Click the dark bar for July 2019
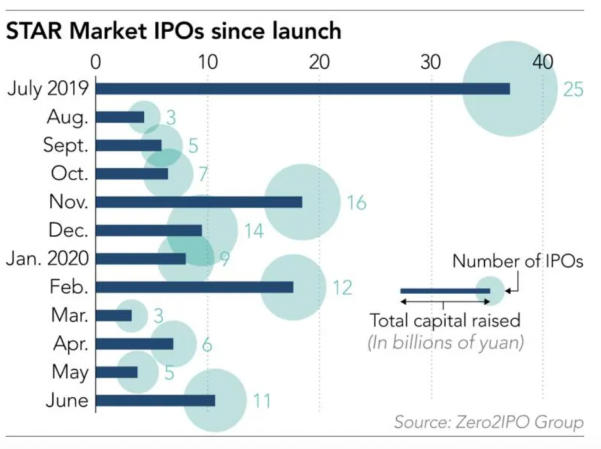(302, 89)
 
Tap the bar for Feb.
(194, 287)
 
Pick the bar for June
(155, 400)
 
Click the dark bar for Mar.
(113, 316)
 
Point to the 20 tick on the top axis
(319, 62)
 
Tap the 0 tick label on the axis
(96, 62)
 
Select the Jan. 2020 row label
(48, 259)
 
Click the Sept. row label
(66, 146)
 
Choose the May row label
(70, 372)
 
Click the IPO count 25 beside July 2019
(573, 90)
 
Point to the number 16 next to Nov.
(356, 203)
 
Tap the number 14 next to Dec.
(254, 231)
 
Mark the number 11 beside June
(262, 401)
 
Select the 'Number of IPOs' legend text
(518, 261)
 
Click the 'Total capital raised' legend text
(445, 320)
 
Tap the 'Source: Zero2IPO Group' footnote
(489, 422)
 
